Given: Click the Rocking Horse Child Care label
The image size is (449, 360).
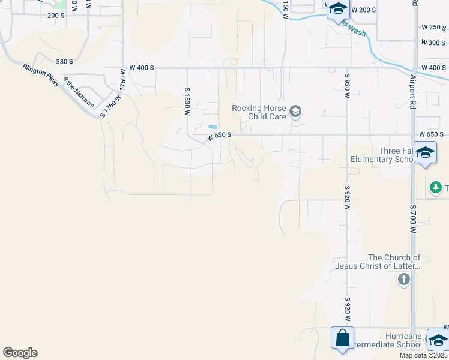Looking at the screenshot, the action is (x=259, y=112).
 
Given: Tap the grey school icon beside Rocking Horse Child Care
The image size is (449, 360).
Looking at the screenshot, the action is (x=295, y=111).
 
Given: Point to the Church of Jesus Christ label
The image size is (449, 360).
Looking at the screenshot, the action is (x=378, y=262).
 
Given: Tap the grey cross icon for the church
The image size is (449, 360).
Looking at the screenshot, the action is (x=404, y=279).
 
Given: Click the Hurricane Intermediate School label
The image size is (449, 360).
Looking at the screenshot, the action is (x=384, y=344).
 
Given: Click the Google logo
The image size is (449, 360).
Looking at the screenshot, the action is (x=20, y=353).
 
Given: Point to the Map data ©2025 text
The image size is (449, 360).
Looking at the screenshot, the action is (x=423, y=355).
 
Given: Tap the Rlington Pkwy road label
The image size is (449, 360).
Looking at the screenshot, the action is (x=41, y=76).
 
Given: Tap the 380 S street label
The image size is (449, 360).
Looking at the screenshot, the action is (x=64, y=62).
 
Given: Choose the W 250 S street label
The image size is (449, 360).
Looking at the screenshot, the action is (x=433, y=28).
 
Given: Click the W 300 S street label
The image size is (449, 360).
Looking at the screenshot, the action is (x=433, y=43).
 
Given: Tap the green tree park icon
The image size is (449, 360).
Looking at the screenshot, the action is (x=435, y=188).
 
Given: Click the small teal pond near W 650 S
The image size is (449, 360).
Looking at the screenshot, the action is (x=212, y=127).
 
